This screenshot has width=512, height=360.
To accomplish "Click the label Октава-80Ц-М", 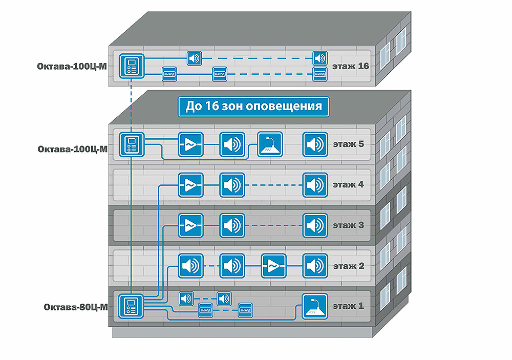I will (75, 307).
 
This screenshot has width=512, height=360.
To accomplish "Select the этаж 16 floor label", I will (351, 66).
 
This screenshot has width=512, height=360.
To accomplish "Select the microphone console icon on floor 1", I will (314, 306).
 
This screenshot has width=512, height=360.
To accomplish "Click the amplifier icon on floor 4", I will (190, 184).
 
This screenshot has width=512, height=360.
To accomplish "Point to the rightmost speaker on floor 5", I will (315, 144).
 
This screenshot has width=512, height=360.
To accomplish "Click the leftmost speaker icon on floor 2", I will (190, 266).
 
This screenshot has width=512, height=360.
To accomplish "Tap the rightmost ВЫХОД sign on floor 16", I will (319, 75).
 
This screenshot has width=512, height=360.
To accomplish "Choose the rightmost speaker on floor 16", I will (319, 57).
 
